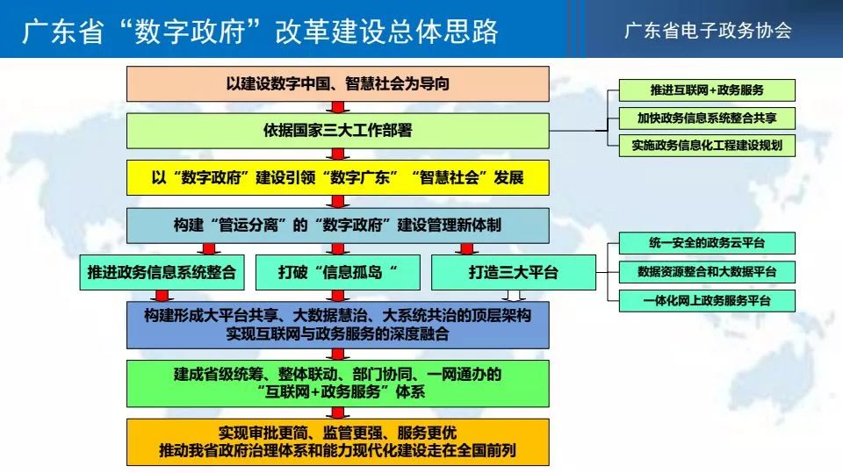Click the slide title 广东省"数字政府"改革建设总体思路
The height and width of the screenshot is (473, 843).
[260, 32]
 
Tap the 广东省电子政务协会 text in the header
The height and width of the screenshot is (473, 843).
[708, 31]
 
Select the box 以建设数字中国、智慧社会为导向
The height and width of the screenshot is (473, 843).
[337, 84]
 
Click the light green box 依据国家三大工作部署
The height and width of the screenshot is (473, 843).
[337, 131]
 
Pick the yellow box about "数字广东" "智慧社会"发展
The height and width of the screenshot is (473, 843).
[337, 177]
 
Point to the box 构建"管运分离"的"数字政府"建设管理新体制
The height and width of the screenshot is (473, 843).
[337, 226]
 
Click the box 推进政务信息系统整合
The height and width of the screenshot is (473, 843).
[162, 273]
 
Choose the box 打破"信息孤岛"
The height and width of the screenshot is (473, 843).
[337, 273]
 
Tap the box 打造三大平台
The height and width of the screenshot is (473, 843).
[514, 273]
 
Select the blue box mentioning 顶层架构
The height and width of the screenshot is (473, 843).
[337, 325]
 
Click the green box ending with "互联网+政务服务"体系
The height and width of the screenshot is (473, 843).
[337, 383]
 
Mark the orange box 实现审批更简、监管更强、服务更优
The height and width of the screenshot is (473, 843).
[337, 441]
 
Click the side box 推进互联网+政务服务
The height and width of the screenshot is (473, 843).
[707, 90]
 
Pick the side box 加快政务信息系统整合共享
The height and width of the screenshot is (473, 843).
[707, 118]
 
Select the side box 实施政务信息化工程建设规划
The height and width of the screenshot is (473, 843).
[707, 146]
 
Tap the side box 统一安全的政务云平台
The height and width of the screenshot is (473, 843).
[707, 243]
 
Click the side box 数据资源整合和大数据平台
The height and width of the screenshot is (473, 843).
[707, 272]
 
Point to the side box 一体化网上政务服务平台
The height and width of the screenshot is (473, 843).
[707, 301]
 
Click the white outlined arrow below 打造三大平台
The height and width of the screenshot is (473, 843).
[514, 296]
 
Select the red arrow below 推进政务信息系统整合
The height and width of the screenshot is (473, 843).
[162, 296]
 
